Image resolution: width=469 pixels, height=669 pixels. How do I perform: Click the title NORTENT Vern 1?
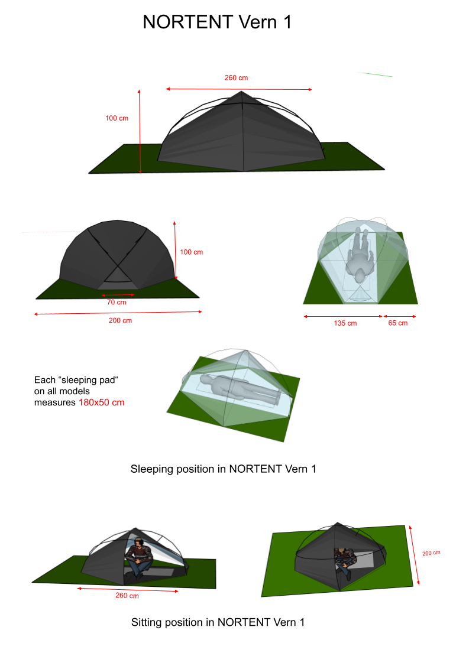pos(217,22)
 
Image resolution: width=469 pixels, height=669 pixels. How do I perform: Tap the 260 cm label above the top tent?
pos(236,77)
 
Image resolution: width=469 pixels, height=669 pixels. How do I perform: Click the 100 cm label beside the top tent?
pos(117,118)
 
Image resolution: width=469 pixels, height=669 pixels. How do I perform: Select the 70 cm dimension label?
pos(117,302)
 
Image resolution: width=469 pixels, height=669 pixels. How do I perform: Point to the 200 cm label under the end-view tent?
pos(120,320)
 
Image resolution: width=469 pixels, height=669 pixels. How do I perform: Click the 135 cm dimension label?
pos(345,323)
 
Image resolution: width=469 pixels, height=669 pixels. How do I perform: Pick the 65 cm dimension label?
pos(397,323)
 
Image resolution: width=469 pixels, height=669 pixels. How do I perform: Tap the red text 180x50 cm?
pos(101,402)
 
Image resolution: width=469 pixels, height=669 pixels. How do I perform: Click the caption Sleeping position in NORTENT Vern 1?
pos(224,469)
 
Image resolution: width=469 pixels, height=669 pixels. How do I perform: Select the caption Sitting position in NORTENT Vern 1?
pos(218,622)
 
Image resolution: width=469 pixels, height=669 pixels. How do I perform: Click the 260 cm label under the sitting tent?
pos(127,595)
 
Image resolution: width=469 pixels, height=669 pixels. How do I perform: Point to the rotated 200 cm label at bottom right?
pos(431,553)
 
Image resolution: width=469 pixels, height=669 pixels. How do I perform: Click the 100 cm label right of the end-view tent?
pos(192,252)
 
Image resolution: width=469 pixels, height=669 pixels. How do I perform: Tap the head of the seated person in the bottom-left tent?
pos(138,543)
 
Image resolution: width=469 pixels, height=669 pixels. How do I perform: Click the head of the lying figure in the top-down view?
pos(360,275)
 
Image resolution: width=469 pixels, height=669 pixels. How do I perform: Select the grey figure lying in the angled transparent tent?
pos(241,388)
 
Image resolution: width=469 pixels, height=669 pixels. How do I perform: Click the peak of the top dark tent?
pos(241,91)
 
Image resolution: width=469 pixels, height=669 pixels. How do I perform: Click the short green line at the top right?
pos(376,74)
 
